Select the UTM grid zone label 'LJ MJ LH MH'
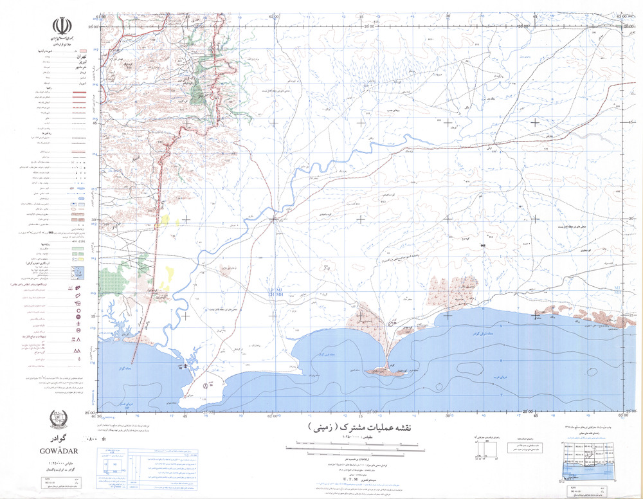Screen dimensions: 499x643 (275, 294)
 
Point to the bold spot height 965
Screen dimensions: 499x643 (483, 245)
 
